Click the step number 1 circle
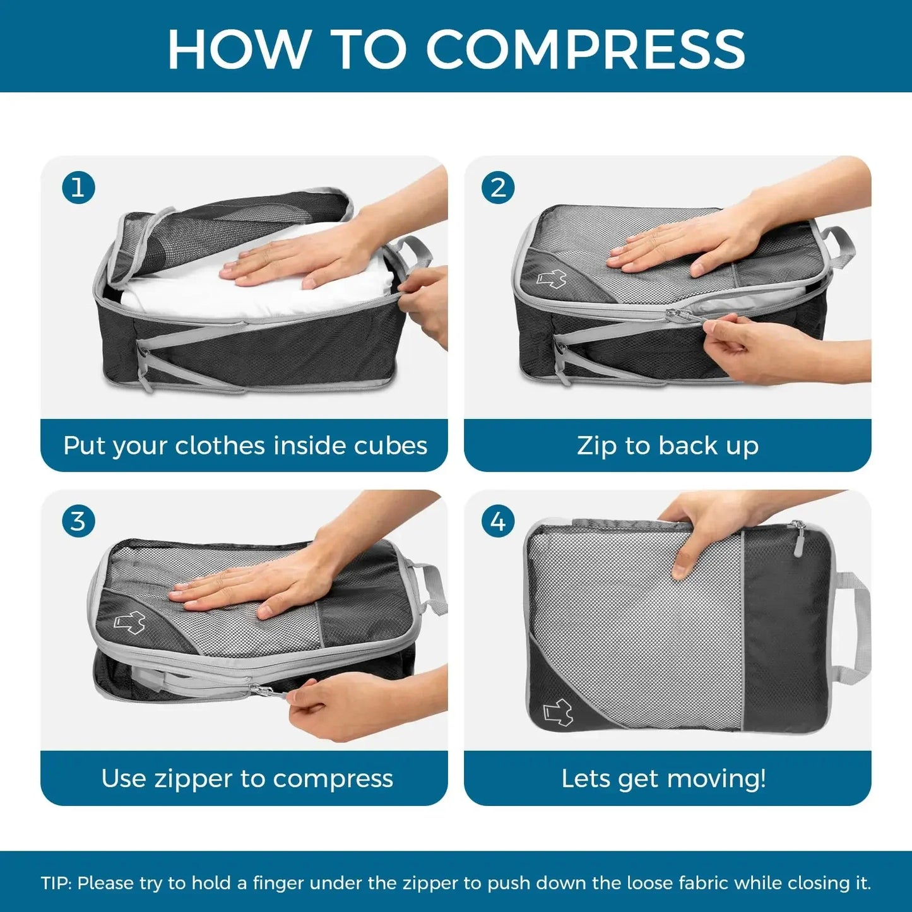click(x=78, y=188)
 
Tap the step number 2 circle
click(x=497, y=188)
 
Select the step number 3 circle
click(x=78, y=521)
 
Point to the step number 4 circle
click(x=497, y=521)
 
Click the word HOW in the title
click(x=239, y=49)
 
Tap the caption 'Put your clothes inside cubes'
click(x=245, y=446)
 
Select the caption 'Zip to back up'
click(x=667, y=446)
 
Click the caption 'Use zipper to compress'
click(x=247, y=778)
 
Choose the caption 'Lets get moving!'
click(x=663, y=778)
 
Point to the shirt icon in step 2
click(x=551, y=278)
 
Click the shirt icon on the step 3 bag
click(x=129, y=622)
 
